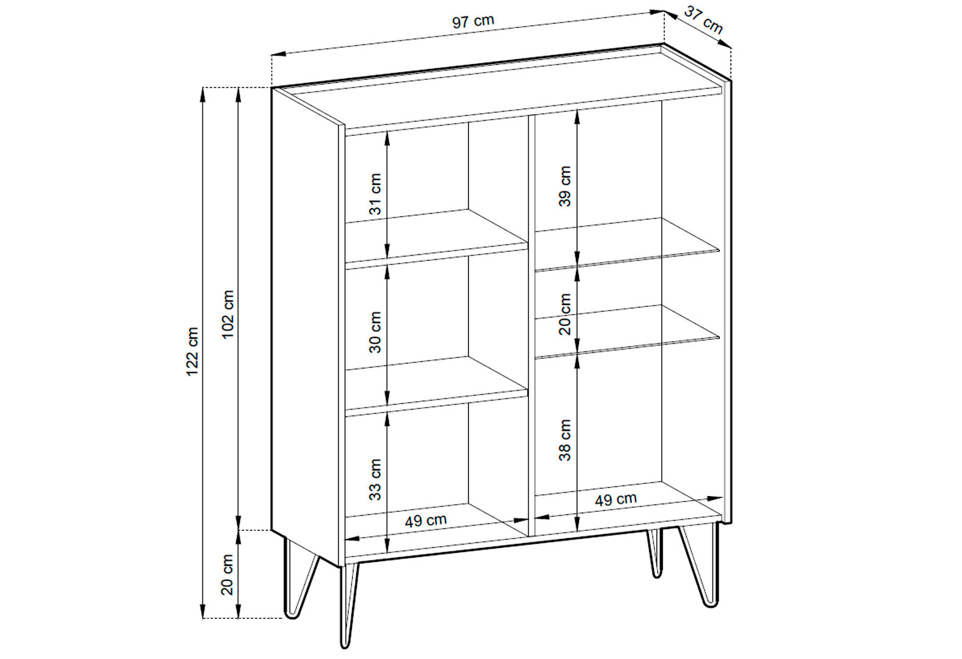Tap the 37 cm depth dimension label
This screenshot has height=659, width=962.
coord(703,20)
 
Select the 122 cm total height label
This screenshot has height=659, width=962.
coord(192,351)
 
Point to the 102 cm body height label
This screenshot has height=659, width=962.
coord(228,314)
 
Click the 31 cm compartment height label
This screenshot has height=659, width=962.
coord(375,194)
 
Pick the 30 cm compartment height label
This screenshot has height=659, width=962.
coord(375,332)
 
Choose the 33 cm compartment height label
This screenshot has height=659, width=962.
coord(375,480)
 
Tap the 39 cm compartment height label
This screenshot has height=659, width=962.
coord(565,187)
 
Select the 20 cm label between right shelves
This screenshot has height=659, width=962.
coord(565,314)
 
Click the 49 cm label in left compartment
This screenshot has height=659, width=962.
coord(426,520)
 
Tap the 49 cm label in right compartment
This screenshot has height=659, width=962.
coord(616,499)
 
